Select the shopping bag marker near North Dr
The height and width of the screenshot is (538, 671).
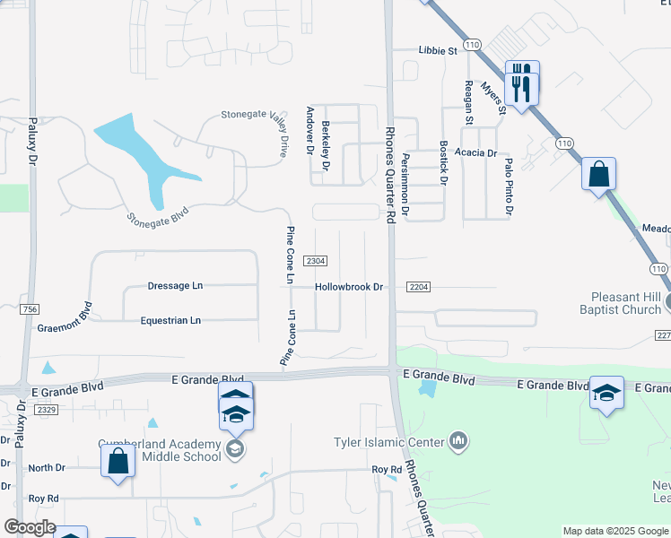coord(118,463)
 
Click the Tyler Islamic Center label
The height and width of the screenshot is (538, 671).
coord(388,442)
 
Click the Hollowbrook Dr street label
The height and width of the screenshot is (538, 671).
coord(349,287)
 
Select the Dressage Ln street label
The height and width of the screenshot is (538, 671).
coord(175,286)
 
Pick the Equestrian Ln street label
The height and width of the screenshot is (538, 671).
coord(170,320)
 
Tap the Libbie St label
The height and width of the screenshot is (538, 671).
coord(438,51)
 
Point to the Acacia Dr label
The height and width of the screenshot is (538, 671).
coord(475,153)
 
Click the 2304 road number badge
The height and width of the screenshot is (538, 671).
coord(315,261)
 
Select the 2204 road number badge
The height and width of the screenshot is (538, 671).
coord(418,287)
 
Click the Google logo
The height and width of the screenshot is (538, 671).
coord(30,527)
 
